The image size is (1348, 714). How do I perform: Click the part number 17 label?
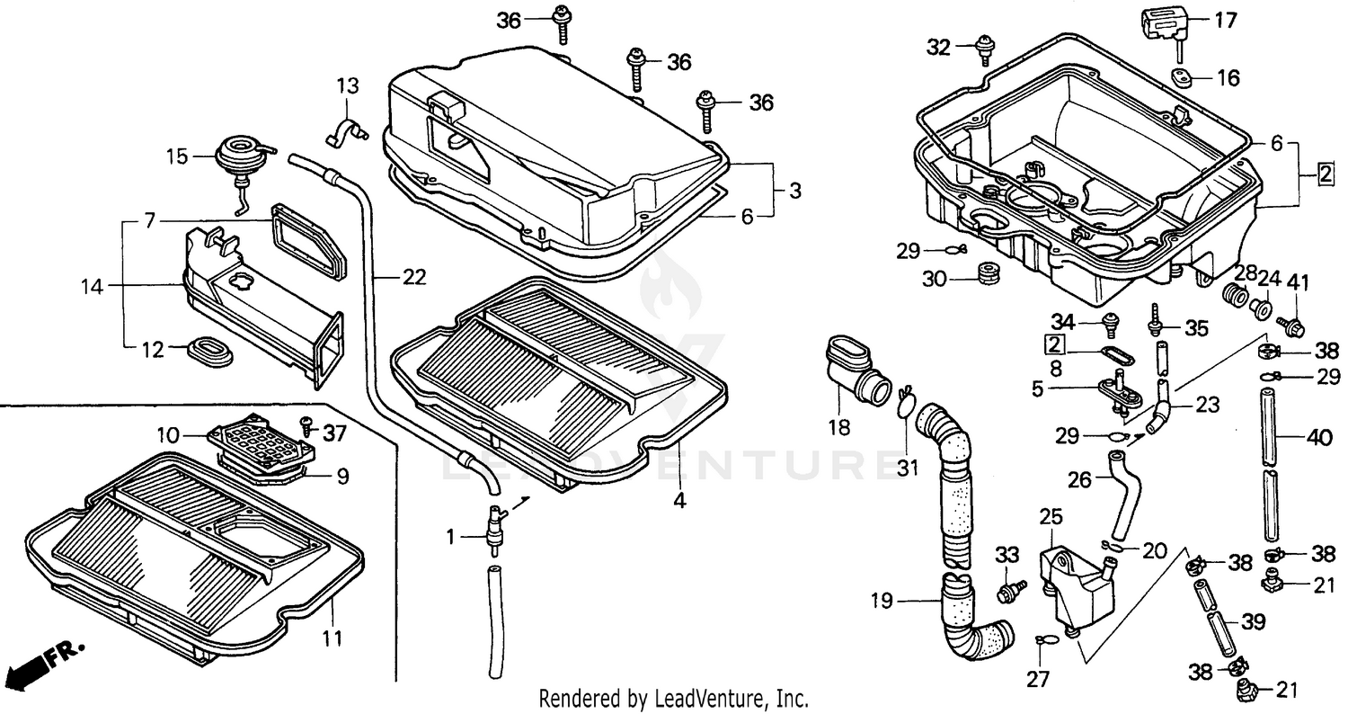[x=1226, y=20]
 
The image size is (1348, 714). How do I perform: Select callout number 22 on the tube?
[x=413, y=278]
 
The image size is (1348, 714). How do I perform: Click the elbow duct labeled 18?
[x=854, y=372]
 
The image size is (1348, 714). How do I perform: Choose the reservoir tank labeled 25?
[x=1074, y=585]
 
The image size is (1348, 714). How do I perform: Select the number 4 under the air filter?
[x=679, y=501]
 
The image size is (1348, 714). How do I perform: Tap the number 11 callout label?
[x=333, y=638]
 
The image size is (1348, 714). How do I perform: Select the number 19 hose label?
[x=882, y=601]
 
